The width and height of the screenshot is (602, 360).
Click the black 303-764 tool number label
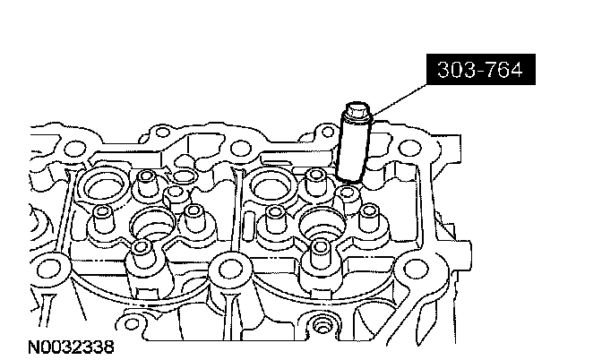(x=481, y=70)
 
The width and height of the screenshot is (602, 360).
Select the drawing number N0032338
(x=72, y=347)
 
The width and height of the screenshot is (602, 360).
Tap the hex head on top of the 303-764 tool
(x=357, y=110)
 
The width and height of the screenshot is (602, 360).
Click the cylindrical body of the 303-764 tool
(x=353, y=150)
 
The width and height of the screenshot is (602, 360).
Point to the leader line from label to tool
(x=400, y=99)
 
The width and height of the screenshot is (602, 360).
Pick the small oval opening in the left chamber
(x=184, y=176)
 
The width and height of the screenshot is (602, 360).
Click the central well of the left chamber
(x=152, y=225)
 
